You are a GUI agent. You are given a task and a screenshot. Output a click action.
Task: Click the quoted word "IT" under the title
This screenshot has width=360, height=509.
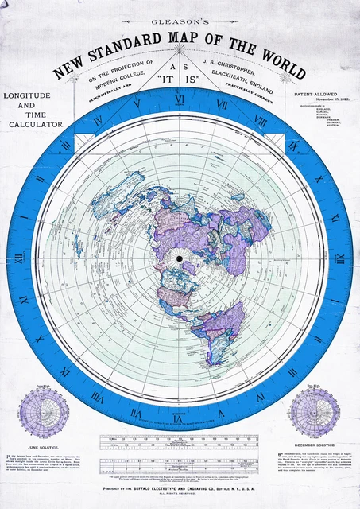(166, 79)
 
